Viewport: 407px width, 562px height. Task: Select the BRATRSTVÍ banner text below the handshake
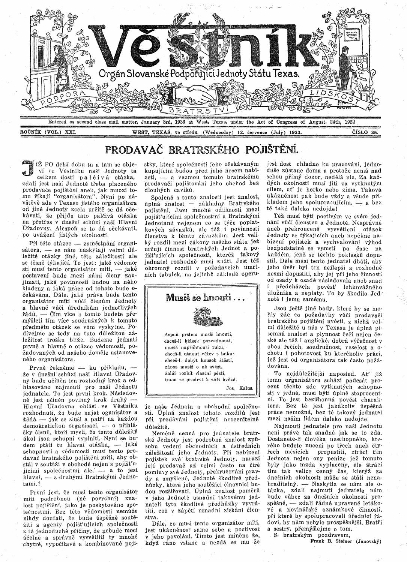(198, 110)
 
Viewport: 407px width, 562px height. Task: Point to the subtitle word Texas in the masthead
(287, 73)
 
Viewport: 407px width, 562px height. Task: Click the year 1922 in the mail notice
(348, 122)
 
